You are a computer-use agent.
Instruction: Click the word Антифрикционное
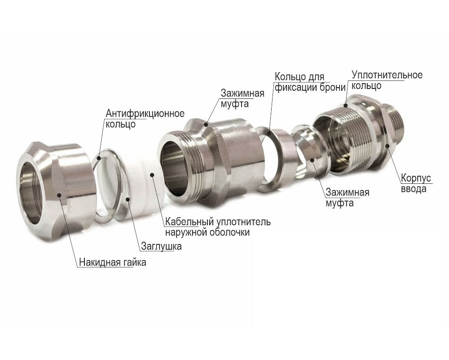(145, 114)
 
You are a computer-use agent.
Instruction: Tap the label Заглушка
(162, 246)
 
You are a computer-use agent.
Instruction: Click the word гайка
(135, 262)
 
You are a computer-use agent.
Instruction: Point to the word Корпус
(416, 178)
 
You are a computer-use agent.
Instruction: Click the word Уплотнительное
(387, 75)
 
